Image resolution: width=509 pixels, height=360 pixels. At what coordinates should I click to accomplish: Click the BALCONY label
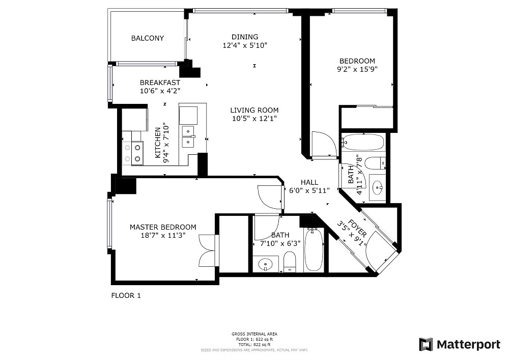click(x=148, y=38)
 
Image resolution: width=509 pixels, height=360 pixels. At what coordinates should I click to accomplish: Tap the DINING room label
click(x=245, y=37)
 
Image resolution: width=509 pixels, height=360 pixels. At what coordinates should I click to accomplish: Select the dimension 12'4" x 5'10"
click(x=245, y=45)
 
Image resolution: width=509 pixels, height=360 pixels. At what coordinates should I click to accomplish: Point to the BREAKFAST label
click(x=160, y=83)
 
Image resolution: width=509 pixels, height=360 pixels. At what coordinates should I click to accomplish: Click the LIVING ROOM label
click(x=254, y=110)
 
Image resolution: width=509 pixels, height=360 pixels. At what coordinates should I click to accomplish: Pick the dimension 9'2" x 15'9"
click(x=357, y=69)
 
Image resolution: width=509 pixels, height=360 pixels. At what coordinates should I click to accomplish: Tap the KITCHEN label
click(x=158, y=143)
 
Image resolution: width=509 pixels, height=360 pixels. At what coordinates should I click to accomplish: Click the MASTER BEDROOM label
click(x=163, y=227)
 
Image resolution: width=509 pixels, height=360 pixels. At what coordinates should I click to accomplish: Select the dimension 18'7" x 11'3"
click(x=163, y=235)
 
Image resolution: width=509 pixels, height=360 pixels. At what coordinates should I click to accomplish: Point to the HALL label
click(x=309, y=182)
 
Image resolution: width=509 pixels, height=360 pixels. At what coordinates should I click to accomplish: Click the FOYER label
click(x=357, y=229)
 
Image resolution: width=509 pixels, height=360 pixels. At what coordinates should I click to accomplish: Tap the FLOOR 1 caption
click(x=126, y=296)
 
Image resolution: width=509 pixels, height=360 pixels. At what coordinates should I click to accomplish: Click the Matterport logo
click(x=459, y=344)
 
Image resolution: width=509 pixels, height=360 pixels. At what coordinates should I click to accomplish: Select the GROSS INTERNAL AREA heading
click(x=254, y=334)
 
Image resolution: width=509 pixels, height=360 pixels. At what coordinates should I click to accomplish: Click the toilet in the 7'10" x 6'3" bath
click(x=290, y=262)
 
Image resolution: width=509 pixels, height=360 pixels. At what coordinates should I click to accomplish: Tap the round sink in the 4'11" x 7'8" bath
click(x=377, y=187)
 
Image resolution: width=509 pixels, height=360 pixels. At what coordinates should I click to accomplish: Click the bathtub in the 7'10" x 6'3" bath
click(x=314, y=250)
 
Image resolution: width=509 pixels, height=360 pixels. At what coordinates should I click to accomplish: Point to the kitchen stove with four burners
click(x=133, y=153)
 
